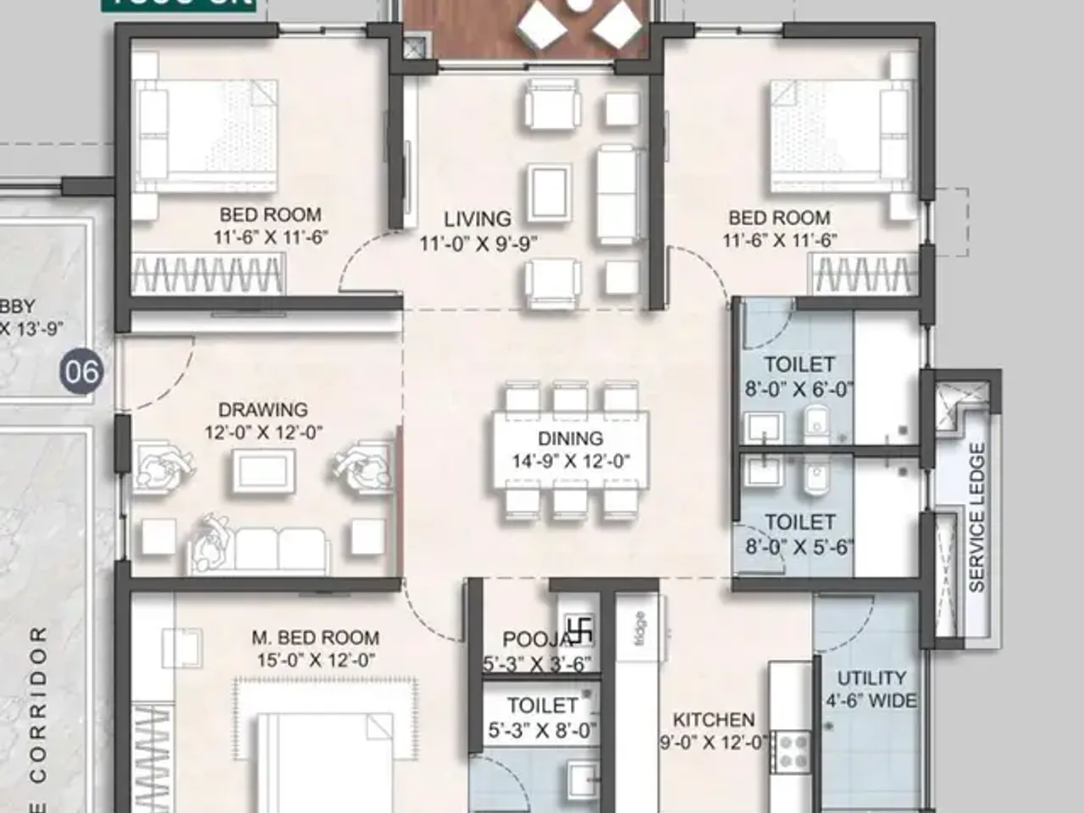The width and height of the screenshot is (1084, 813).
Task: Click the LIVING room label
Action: coord(478,219)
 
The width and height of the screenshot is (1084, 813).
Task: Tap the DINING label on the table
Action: coord(570,439)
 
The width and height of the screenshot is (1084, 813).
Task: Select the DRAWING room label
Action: coord(263,410)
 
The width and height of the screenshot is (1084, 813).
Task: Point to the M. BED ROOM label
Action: coord(315,638)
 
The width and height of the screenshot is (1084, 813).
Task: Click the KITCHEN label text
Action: coord(713,720)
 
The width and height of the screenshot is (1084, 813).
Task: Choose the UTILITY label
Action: coord(871,678)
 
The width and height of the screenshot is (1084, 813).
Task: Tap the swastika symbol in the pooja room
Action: coord(580,631)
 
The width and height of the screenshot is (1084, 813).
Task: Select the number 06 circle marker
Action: coord(81,371)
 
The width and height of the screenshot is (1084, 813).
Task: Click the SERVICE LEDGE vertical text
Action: coord(976,517)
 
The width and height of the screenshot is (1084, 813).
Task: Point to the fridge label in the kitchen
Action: coord(639,629)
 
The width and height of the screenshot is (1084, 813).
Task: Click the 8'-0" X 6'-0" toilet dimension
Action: coord(799,390)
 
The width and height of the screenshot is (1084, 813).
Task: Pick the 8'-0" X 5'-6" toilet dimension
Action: coord(799,547)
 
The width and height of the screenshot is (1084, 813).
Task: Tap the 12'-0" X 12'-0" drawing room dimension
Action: coord(263,433)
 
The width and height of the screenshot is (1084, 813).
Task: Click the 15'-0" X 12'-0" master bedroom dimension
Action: coord(316,661)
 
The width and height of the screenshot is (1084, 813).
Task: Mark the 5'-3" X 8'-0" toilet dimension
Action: coord(542,730)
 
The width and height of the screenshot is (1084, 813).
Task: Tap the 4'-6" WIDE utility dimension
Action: coord(871,701)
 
